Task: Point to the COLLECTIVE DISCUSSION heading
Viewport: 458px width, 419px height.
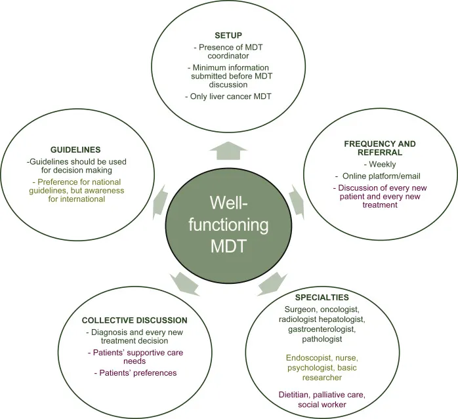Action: [135, 320]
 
